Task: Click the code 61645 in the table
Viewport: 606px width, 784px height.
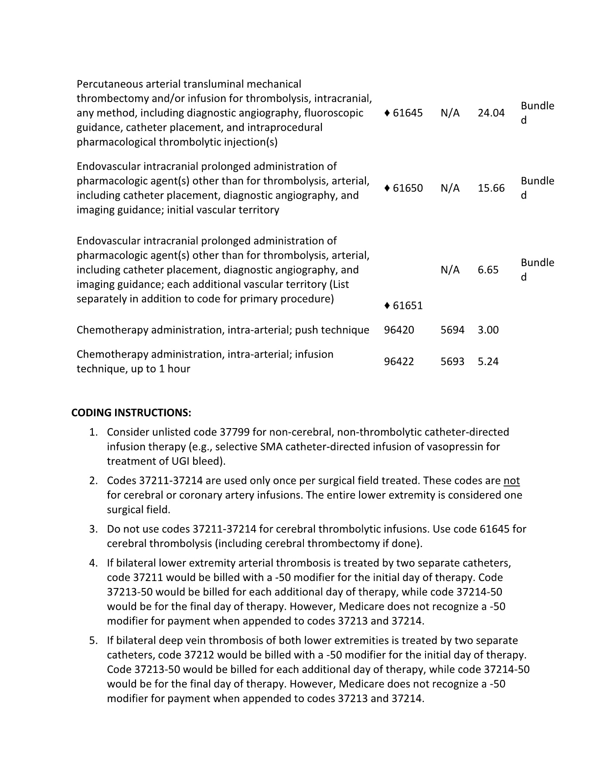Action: pos(407,113)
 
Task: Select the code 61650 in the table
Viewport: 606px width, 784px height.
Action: pos(407,188)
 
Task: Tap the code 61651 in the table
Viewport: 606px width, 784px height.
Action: pos(407,305)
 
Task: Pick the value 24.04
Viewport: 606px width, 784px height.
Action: pos(491,113)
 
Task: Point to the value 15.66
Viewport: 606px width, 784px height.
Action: pos(491,188)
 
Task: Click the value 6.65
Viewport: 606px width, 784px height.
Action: pos(488,270)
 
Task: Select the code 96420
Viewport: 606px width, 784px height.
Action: pos(399,330)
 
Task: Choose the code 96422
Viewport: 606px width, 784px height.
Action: pos(399,362)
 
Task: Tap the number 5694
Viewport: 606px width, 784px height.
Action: pos(452,330)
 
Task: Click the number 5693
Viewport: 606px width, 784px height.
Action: pos(452,362)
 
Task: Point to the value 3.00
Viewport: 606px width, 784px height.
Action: pos(488,330)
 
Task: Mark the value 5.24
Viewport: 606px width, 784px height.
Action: pos(488,362)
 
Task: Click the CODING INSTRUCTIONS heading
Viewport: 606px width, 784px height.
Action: pos(131,412)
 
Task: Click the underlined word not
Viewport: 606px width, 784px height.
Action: pos(511,481)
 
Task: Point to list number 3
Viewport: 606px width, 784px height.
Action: pos(93,529)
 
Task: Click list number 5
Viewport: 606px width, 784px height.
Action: pos(93,641)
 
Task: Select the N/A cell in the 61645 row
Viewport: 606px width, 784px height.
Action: pos(450,113)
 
